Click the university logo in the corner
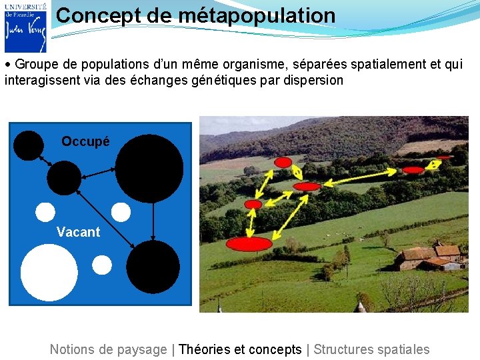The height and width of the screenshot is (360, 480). [x=25, y=27]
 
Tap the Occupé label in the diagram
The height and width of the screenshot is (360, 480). [x=85, y=141]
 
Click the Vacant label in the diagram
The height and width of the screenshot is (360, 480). [x=78, y=232]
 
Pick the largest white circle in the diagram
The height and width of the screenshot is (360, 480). [x=49, y=273]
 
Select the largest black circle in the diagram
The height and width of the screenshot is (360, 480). [x=149, y=168]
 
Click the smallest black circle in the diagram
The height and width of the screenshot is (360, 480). [x=29, y=145]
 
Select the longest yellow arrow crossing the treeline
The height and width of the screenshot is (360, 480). [x=360, y=176]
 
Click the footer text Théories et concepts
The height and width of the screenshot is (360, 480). [x=240, y=349]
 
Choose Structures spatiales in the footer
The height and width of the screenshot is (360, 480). [x=371, y=349]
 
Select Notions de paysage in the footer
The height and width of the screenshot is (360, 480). [x=108, y=349]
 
